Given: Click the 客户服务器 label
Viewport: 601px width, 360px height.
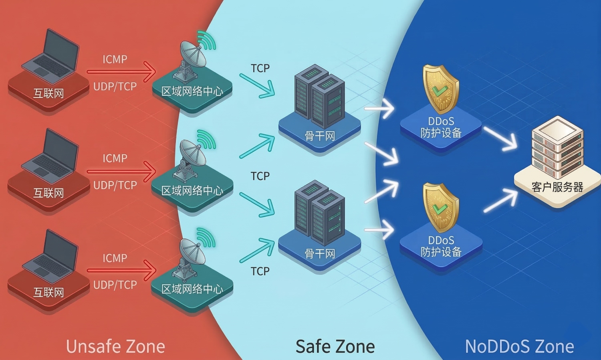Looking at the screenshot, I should [557, 187].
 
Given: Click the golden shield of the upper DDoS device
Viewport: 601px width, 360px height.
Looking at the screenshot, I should [440, 89].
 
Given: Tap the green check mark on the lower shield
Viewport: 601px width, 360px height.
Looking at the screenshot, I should [440, 209].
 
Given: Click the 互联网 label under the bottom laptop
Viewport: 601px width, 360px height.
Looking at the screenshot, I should [48, 292].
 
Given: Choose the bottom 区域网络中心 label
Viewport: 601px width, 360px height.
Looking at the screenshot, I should [192, 289].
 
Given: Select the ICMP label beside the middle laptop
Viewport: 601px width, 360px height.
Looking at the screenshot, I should [115, 158].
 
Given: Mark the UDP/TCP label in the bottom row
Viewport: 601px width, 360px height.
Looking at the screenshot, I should [115, 285].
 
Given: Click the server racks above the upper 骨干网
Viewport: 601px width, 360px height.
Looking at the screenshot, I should [319, 96].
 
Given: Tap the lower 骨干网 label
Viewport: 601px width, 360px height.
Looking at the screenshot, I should [319, 253].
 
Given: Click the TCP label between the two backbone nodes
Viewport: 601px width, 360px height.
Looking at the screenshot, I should [260, 176].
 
